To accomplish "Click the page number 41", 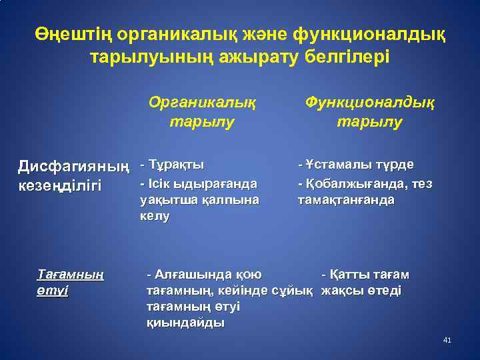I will pyautogui.click(x=447, y=341).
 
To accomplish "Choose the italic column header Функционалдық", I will pyautogui.click(x=369, y=102).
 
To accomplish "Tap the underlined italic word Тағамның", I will pyautogui.click(x=70, y=275).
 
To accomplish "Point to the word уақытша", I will pyautogui.click(x=165, y=199).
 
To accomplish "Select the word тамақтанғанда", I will pyautogui.click(x=346, y=199).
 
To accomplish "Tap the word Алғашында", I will pyautogui.click(x=193, y=274).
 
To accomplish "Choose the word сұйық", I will pyautogui.click(x=295, y=291).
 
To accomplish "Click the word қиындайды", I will pyautogui.click(x=185, y=323).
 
